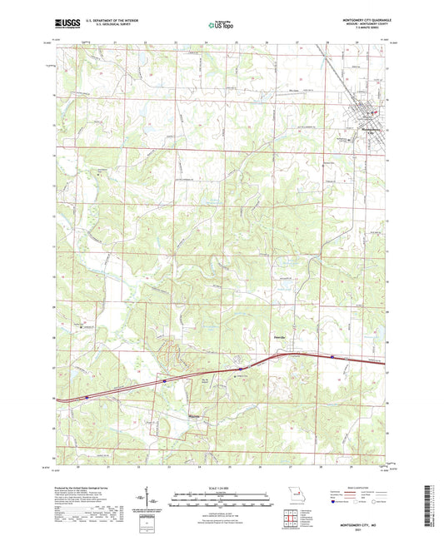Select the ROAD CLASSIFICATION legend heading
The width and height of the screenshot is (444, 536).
click(x=361, y=488)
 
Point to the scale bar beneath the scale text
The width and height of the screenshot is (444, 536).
click(x=222, y=502)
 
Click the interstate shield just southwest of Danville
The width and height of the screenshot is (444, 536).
click(x=240, y=367)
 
